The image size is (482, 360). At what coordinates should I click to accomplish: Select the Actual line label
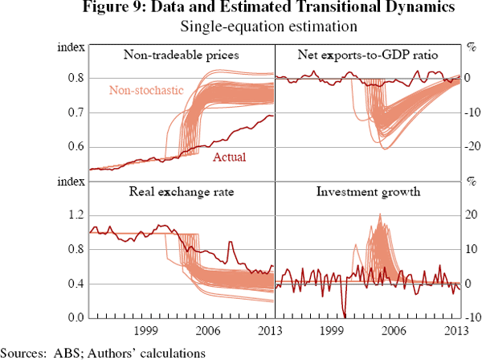[x=229, y=157]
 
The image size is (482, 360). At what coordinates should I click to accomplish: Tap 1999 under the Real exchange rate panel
[x=145, y=331]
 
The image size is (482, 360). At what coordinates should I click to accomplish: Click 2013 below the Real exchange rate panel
[x=263, y=331]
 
